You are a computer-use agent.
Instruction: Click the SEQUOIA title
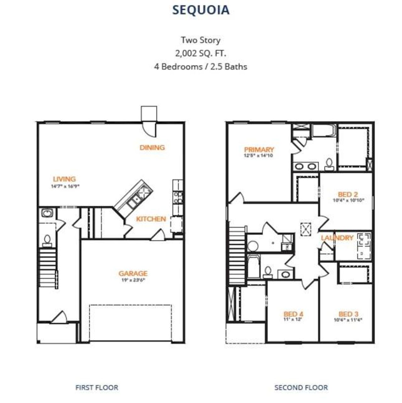point(201,10)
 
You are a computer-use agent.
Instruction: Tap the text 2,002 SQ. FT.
point(201,53)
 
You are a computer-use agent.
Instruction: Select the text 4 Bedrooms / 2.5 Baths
point(201,67)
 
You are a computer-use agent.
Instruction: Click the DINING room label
point(152,147)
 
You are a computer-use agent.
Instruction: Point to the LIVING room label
point(64,179)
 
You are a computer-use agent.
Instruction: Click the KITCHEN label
point(151,219)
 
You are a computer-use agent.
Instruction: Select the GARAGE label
point(133,273)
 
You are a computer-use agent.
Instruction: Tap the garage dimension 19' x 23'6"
point(133,280)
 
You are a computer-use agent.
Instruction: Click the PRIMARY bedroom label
point(259,149)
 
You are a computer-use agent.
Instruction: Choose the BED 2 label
point(348,194)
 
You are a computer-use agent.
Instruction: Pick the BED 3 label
point(348,314)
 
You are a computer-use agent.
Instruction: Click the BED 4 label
point(293,314)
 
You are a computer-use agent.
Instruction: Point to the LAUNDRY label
point(337,238)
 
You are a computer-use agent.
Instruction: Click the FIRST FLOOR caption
point(97,388)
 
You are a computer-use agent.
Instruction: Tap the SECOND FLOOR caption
point(301,388)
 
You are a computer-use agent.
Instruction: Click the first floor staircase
point(48,267)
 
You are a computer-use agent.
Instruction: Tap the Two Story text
point(201,40)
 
